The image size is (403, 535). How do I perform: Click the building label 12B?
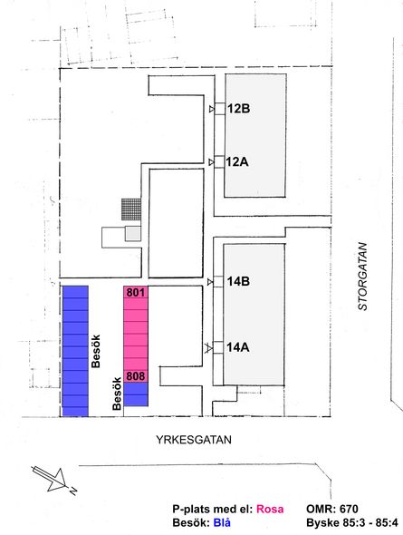point(238,109)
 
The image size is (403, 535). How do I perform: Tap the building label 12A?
point(237,161)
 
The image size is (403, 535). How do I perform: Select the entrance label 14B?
point(238,281)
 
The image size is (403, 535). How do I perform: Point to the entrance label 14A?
point(238,347)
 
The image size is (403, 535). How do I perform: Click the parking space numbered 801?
point(136,292)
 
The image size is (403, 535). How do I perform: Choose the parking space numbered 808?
point(136,376)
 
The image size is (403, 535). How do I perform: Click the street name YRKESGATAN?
point(194,440)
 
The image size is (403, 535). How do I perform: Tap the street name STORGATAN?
point(363,277)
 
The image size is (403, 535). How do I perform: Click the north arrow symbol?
point(53,479)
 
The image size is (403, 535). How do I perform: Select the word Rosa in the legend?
point(270,509)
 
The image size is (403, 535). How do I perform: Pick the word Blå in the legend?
point(222,522)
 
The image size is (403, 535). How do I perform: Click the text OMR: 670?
point(332,509)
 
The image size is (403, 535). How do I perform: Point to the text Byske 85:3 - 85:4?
point(352,522)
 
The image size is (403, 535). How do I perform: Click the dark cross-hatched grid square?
point(131,209)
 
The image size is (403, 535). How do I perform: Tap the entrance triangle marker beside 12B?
point(212,109)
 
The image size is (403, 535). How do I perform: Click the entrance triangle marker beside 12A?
point(212,161)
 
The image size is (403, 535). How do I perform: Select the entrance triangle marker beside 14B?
point(210,282)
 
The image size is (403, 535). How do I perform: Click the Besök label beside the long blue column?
point(96,351)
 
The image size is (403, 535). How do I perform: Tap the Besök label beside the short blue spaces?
point(117,394)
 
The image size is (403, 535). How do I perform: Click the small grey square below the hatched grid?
point(133,233)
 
